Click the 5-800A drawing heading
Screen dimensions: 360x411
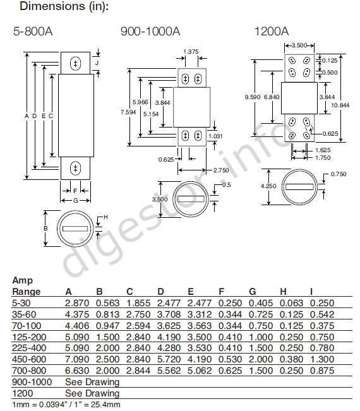tap(33, 32)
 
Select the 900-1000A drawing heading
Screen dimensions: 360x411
tap(150, 32)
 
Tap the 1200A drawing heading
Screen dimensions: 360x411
tap(272, 32)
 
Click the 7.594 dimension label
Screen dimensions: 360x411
tap(128, 112)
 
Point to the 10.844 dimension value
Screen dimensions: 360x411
tap(340, 105)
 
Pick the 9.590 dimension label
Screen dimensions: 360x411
tap(253, 97)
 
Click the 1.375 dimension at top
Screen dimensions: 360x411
tap(191, 52)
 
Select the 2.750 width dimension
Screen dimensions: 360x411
tap(221, 170)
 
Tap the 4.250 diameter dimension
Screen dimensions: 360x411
tap(268, 186)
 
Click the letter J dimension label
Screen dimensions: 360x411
tap(97, 63)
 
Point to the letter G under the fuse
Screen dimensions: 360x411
tap(76, 201)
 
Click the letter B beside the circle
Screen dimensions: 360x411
tap(45, 229)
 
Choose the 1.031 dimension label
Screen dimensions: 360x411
tap(215, 136)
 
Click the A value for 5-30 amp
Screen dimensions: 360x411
tap(77, 303)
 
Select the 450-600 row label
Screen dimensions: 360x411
tap(29, 359)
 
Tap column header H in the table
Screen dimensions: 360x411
tap(283, 292)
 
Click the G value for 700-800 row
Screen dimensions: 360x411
tap(261, 371)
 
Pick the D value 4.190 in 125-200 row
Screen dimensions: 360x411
tap(169, 337)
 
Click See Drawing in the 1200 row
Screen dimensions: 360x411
tap(92, 393)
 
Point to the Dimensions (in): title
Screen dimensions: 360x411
tap(64, 6)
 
